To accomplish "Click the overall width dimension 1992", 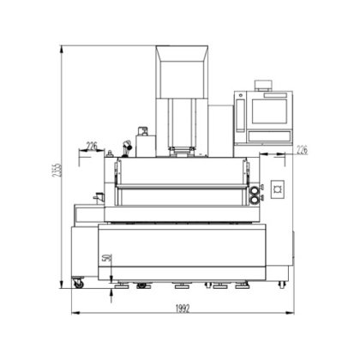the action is coord(183,309).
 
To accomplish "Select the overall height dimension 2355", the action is coord(57,171).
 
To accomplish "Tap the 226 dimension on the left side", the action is coord(92,147).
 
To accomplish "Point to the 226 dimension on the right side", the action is coord(302,150).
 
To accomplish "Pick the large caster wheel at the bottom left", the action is coord(78,284).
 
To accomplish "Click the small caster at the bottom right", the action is coord(282,285).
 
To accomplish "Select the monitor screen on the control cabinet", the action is coord(269,111).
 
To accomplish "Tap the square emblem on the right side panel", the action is coord(278,189).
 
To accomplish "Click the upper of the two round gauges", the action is coord(254,191).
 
